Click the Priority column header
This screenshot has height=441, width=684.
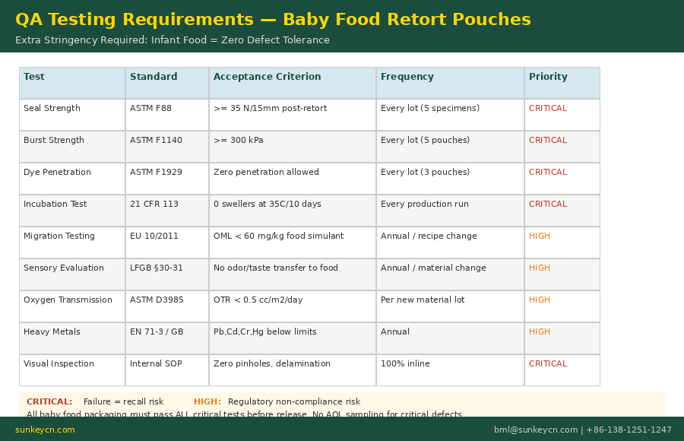[x=548, y=77]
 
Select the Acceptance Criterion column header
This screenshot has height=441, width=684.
[x=267, y=77]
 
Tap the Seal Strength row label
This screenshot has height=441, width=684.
[x=52, y=109]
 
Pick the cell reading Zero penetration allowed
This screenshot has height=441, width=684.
[x=266, y=173]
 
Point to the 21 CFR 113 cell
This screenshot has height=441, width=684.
[x=154, y=205]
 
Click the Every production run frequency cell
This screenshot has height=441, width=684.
[x=424, y=205]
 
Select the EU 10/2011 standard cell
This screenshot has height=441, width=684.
[x=154, y=236]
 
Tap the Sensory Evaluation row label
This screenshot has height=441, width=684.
[x=64, y=268]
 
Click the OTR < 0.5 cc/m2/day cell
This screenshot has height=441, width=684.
[x=258, y=300]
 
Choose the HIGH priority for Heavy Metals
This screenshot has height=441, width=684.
[x=540, y=332]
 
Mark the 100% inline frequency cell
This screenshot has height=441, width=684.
[x=405, y=364]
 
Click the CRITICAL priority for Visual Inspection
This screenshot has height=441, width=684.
[x=548, y=364]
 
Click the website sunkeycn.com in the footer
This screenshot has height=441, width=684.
[x=45, y=430]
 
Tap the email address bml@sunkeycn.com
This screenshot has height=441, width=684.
[x=536, y=430]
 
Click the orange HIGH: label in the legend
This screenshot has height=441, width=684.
[x=207, y=402]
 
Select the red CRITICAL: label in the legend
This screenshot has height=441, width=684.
[x=49, y=402]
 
